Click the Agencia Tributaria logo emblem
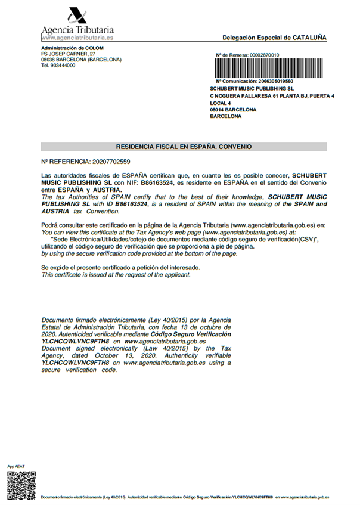click(x=77, y=15)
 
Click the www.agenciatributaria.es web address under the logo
click(x=77, y=38)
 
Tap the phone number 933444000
click(x=63, y=66)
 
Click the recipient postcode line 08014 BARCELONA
click(x=233, y=110)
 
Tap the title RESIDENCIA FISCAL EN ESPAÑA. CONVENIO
click(x=184, y=146)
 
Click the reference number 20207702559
click(x=108, y=162)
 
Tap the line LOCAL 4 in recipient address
click(x=221, y=103)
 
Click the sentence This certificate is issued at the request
click(x=116, y=275)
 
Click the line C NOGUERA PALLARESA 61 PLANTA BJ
click(x=272, y=95)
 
